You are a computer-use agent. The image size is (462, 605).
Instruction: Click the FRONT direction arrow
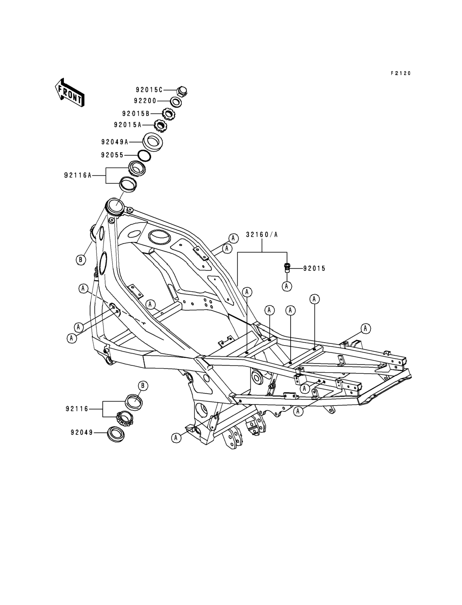pos(69,92)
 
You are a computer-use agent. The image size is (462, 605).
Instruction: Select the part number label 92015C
pos(149,90)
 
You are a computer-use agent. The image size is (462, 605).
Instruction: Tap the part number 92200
pos(145,101)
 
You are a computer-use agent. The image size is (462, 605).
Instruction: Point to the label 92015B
pos(136,113)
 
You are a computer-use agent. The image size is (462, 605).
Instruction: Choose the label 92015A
pos(128,125)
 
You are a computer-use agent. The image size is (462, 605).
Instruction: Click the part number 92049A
pos(115,142)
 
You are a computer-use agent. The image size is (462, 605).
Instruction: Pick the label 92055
pos(112,155)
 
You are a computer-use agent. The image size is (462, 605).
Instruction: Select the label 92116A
pos(78,175)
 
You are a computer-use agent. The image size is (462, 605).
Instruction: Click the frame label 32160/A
pos(261,235)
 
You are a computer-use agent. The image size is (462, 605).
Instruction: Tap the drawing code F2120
pos(401,73)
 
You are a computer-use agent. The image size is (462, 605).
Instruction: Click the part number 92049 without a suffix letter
pos(82,432)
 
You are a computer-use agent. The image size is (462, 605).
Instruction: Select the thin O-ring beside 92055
pos(144,156)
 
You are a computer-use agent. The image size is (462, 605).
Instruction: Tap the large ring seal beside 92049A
pos(152,142)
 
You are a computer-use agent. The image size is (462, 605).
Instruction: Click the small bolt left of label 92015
pos(287,268)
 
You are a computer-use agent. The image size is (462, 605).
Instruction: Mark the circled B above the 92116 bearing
pos(143,386)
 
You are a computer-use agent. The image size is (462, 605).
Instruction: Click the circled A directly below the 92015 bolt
pos(287,286)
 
